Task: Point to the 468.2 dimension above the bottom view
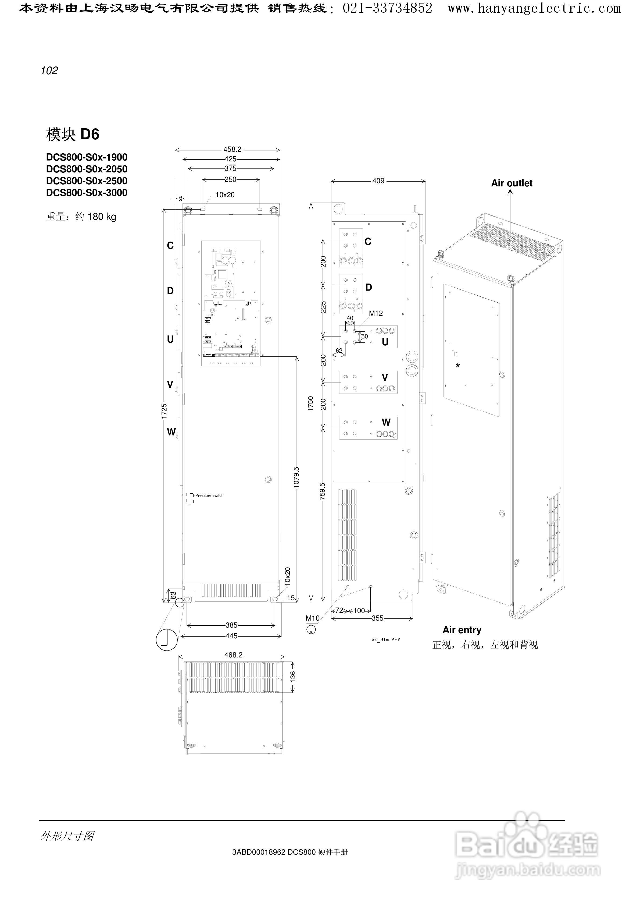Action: [233, 655]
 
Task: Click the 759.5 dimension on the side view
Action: [323, 491]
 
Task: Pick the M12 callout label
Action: [376, 314]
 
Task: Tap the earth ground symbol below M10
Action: [311, 630]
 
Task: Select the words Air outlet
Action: [512, 183]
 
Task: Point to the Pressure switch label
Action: [209, 496]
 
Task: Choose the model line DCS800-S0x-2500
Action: [87, 181]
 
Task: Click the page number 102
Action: [49, 71]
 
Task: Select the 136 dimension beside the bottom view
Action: [293, 676]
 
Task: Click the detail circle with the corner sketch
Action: [166, 640]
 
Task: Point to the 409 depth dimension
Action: [378, 181]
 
